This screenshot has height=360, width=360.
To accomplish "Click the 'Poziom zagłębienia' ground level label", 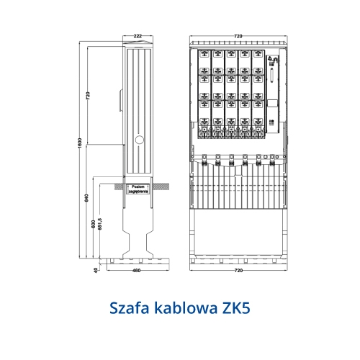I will (136, 189).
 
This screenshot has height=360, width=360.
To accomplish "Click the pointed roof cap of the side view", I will (137, 45).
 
